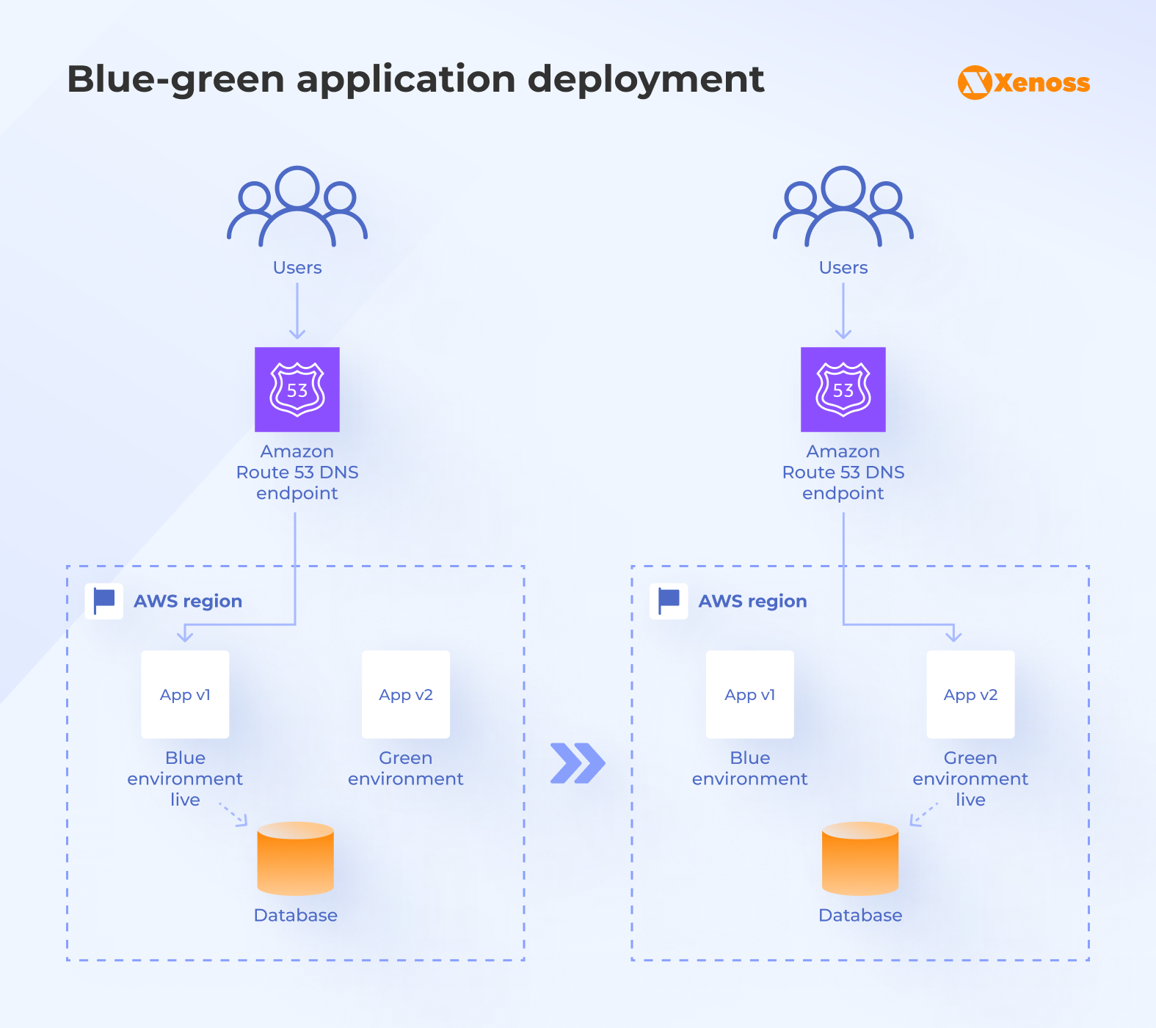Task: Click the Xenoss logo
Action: point(1023,82)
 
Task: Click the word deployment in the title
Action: point(646,79)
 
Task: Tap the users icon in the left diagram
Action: point(297,207)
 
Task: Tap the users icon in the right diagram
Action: point(843,207)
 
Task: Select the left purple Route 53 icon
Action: point(297,389)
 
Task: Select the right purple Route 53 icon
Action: point(843,389)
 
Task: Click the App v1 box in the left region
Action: point(185,694)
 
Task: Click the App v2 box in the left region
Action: point(406,694)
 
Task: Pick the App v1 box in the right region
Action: point(749,694)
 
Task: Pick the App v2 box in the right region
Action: point(970,694)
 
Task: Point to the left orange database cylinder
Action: point(296,859)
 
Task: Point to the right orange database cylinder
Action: point(860,859)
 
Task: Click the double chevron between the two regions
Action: point(578,763)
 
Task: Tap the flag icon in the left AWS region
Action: point(104,601)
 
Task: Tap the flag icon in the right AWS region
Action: point(669,601)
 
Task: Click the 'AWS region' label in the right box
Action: point(752,601)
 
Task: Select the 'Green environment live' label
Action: point(970,779)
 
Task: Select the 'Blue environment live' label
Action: point(185,779)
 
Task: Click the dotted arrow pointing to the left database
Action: point(234,814)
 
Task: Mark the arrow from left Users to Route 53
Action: point(297,311)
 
